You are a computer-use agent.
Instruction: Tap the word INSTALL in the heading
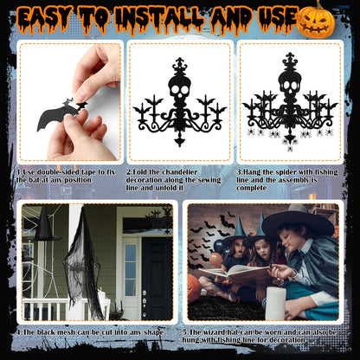(x=159, y=18)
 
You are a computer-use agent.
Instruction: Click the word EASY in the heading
(x=46, y=18)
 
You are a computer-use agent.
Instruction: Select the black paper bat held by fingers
(x=61, y=113)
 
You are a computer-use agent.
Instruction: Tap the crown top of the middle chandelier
(x=179, y=65)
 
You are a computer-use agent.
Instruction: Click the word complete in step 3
(x=251, y=188)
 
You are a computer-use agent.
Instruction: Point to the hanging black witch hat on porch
(x=45, y=224)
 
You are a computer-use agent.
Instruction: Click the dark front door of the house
(x=157, y=279)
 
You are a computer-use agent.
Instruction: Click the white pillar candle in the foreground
(x=275, y=304)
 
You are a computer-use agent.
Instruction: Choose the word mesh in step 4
(x=67, y=332)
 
